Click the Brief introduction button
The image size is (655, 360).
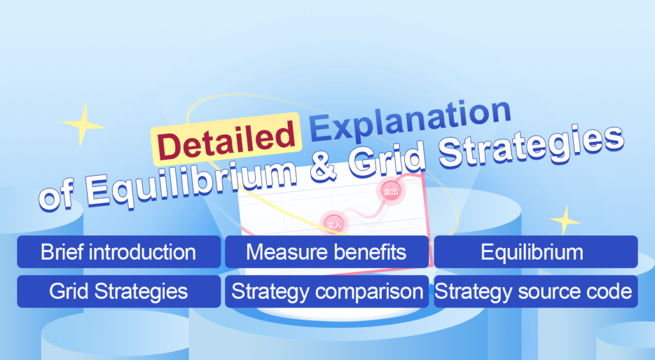pos(119,252)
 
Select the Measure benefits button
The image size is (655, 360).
pos(326,252)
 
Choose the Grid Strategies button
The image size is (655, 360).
pos(119,292)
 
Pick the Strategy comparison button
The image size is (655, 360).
pos(326,292)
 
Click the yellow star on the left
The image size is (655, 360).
pos(83,124)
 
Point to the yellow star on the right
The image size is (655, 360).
pos(565,221)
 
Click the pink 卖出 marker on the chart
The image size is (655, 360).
pos(389,191)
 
